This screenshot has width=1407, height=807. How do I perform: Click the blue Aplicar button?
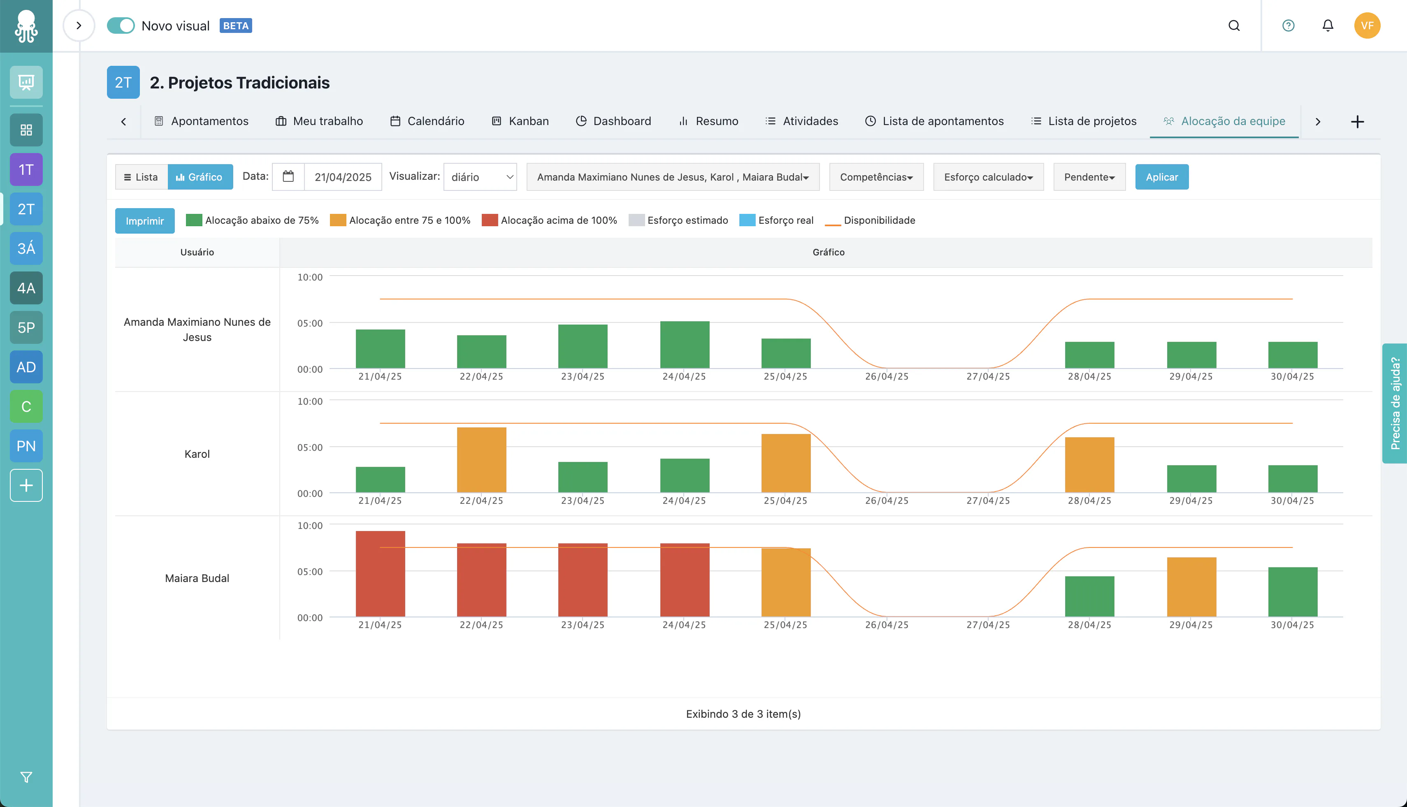[1161, 177]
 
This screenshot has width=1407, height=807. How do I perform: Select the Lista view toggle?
[142, 177]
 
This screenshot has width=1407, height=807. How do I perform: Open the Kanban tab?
[520, 121]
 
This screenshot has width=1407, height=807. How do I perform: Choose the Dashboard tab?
[613, 121]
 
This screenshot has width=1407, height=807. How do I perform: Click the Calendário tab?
[427, 121]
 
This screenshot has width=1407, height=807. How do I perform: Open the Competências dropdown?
[876, 177]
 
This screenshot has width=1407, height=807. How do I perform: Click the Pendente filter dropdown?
[1089, 177]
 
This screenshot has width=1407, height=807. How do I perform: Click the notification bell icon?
[1328, 26]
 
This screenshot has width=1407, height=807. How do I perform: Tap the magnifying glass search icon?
[1234, 26]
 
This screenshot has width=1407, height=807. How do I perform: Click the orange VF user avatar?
[1367, 26]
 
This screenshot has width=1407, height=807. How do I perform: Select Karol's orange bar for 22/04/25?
[481, 459]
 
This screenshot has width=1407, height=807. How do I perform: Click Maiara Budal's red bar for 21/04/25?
[380, 574]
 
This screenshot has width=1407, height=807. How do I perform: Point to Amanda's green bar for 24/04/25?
[685, 344]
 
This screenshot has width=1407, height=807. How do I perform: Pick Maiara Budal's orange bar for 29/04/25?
[1191, 587]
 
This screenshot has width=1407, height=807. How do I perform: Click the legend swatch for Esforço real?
[747, 220]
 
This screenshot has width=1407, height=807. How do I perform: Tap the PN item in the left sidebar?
[26, 445]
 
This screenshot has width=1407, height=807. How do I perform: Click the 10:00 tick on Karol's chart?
[310, 401]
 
